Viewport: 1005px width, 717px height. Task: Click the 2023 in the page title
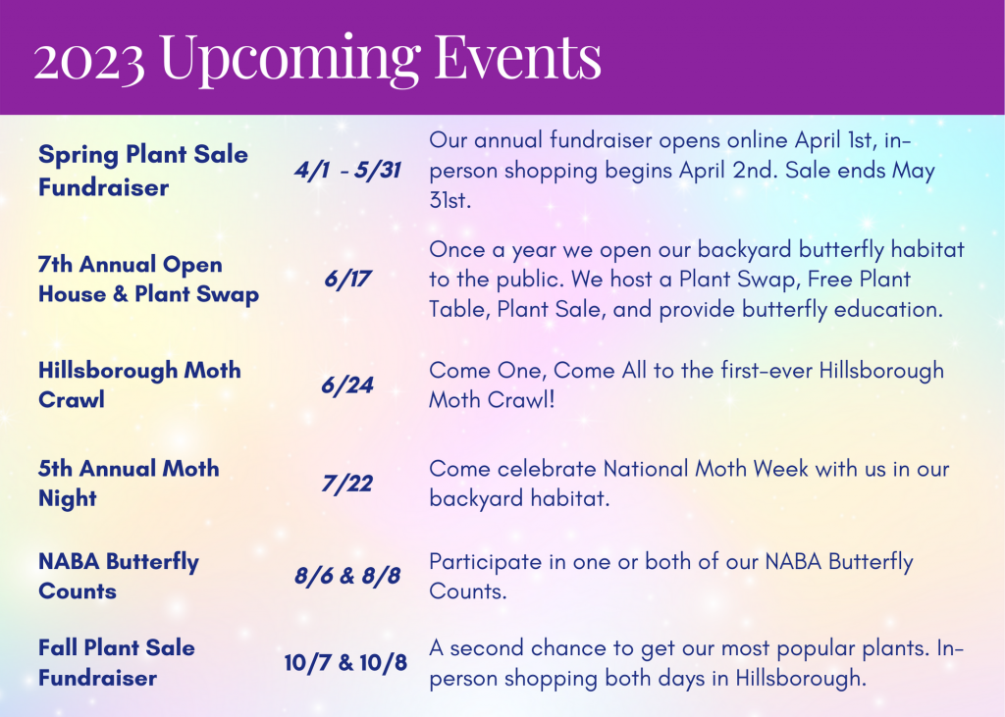[90, 59]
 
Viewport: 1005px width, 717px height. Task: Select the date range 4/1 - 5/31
[348, 170]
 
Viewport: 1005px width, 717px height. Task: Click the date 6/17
[348, 280]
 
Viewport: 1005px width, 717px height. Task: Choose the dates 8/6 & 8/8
[347, 576]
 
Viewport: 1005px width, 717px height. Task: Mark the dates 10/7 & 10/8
[346, 662]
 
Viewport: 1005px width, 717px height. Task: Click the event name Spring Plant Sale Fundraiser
[143, 170]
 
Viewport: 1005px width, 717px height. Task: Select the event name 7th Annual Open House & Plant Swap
[148, 280]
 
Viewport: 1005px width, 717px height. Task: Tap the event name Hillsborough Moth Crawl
[139, 384]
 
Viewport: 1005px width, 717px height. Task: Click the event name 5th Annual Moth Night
[129, 483]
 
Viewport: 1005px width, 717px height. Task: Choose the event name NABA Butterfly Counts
[119, 576]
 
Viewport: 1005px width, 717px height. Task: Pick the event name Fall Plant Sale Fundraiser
[117, 662]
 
